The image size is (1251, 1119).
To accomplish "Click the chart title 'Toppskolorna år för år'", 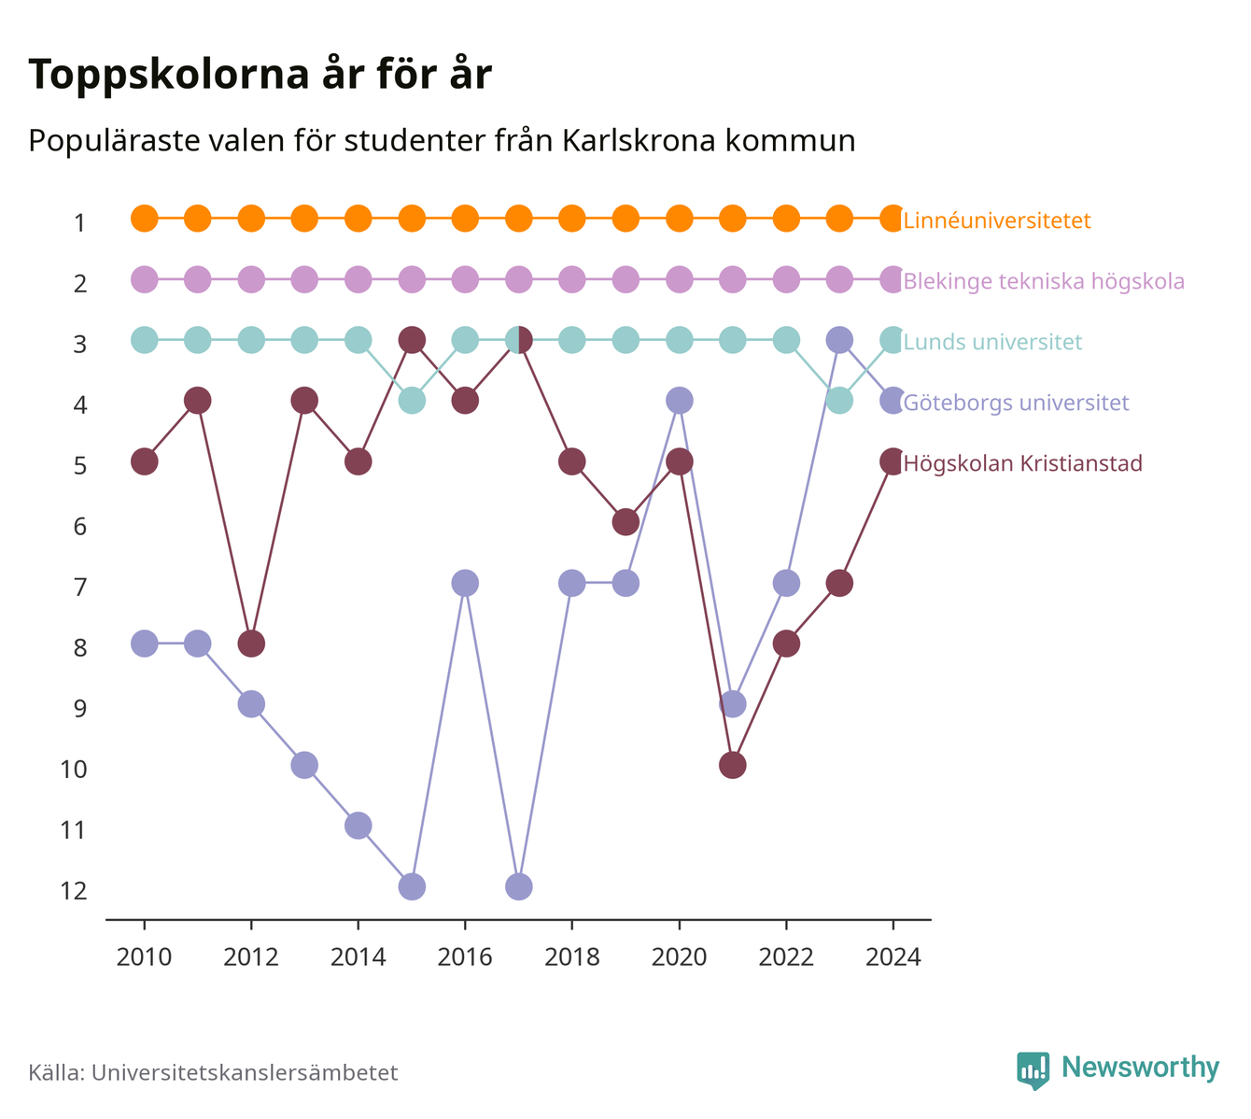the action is pos(260,75).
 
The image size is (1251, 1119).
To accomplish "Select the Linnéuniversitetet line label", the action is pos(997,220).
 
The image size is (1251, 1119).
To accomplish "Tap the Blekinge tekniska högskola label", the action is pos(1044,281).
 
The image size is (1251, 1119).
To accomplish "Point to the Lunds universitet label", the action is pos(992,342).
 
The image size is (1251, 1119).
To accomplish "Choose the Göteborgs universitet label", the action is pos(1016,403).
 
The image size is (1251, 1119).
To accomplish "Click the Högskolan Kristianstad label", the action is pos(1022,462).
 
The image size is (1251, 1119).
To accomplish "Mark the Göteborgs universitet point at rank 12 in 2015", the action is pos(412,886).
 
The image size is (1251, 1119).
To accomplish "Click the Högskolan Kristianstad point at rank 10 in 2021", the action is pos(732,765).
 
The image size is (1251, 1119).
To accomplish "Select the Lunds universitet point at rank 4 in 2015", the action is pos(412,401).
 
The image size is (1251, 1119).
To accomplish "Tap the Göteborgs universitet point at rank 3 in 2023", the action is pos(839,340).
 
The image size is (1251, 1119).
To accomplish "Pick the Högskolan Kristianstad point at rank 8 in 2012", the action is pos(251,644).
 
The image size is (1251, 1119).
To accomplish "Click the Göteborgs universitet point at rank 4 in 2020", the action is pos(680,401).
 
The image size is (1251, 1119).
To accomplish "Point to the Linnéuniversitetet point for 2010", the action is pos(145,219).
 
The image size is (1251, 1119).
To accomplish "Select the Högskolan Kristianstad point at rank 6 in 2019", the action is pos(625,522).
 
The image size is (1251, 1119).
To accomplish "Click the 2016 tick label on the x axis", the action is pos(465,957).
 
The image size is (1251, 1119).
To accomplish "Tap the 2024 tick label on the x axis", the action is pos(893,957).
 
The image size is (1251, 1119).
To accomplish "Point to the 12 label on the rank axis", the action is pos(74,891).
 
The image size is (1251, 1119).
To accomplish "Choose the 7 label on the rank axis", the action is pos(80,587).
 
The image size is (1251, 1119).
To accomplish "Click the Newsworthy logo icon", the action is pos(1033,1070).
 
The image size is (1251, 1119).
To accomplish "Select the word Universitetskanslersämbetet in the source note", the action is pos(245,1072).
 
